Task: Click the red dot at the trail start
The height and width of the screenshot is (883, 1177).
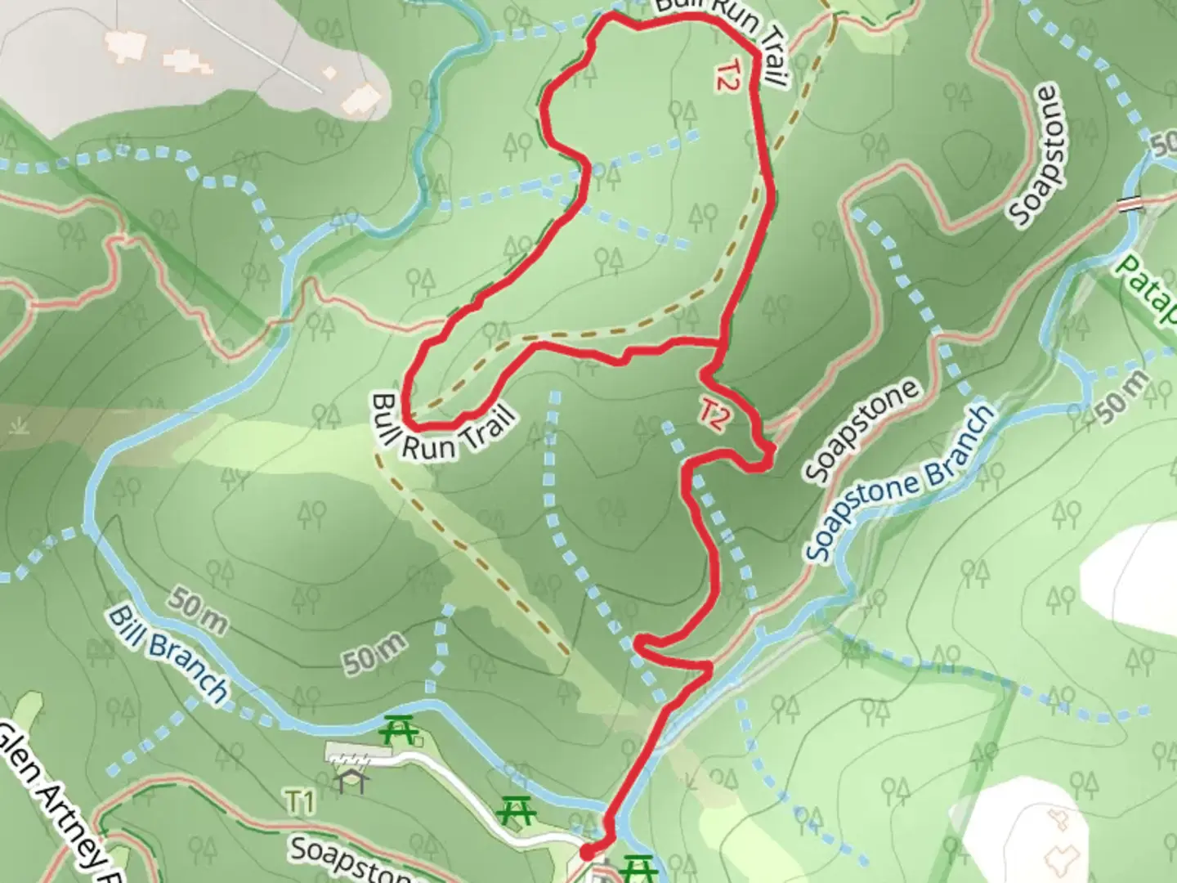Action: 587,853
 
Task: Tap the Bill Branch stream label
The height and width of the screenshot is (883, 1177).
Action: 168,654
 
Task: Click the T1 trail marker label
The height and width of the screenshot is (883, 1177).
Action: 300,802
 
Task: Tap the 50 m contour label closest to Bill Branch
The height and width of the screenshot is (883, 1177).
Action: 199,612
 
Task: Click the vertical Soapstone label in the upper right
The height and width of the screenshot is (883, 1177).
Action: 1038,155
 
